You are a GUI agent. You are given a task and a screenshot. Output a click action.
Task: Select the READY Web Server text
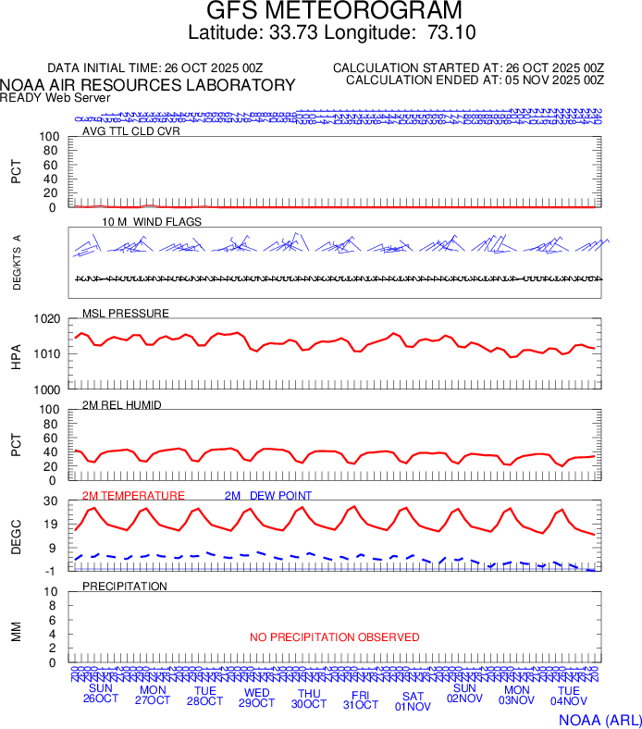(x=56, y=97)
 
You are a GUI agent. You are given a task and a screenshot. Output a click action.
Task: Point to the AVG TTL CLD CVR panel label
(x=131, y=130)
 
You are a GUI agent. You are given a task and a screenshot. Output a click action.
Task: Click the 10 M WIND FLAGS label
(x=152, y=222)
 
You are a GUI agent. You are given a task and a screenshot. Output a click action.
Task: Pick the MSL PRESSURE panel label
(x=126, y=313)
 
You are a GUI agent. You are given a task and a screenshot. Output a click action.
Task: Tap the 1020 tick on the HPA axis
(x=48, y=319)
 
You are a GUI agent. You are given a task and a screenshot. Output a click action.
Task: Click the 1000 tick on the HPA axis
(x=48, y=389)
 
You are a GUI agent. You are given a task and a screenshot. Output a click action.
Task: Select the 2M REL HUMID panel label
(x=122, y=404)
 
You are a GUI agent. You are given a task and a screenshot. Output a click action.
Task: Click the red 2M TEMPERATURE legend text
(x=133, y=495)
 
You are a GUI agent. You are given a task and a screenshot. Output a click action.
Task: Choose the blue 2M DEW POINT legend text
(x=268, y=495)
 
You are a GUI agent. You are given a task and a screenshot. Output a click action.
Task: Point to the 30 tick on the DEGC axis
(x=52, y=501)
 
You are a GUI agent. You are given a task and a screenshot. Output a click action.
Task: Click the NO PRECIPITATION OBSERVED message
(x=335, y=637)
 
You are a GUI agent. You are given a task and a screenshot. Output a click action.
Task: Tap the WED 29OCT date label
(x=256, y=697)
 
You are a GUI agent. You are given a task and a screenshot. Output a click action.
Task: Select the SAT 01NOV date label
(x=413, y=701)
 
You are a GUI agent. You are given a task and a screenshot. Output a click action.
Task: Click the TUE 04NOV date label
(x=569, y=697)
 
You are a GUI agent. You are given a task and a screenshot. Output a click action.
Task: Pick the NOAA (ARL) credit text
(x=599, y=718)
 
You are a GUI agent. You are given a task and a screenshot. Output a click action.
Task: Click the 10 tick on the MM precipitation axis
(x=52, y=592)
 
